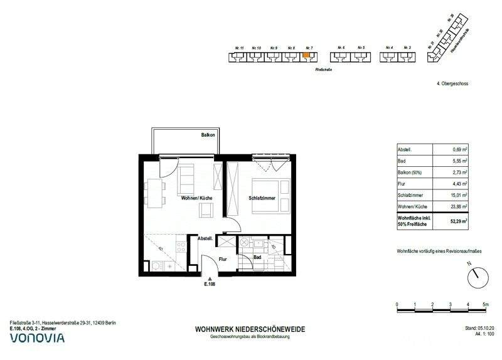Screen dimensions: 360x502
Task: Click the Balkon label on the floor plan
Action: coord(208,135)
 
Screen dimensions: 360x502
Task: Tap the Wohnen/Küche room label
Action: coord(196,198)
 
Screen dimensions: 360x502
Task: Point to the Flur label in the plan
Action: coord(222,257)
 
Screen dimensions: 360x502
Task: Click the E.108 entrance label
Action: coord(210,284)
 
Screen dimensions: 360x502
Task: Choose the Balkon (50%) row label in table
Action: coord(411,172)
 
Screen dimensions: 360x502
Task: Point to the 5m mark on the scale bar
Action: coord(485,304)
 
